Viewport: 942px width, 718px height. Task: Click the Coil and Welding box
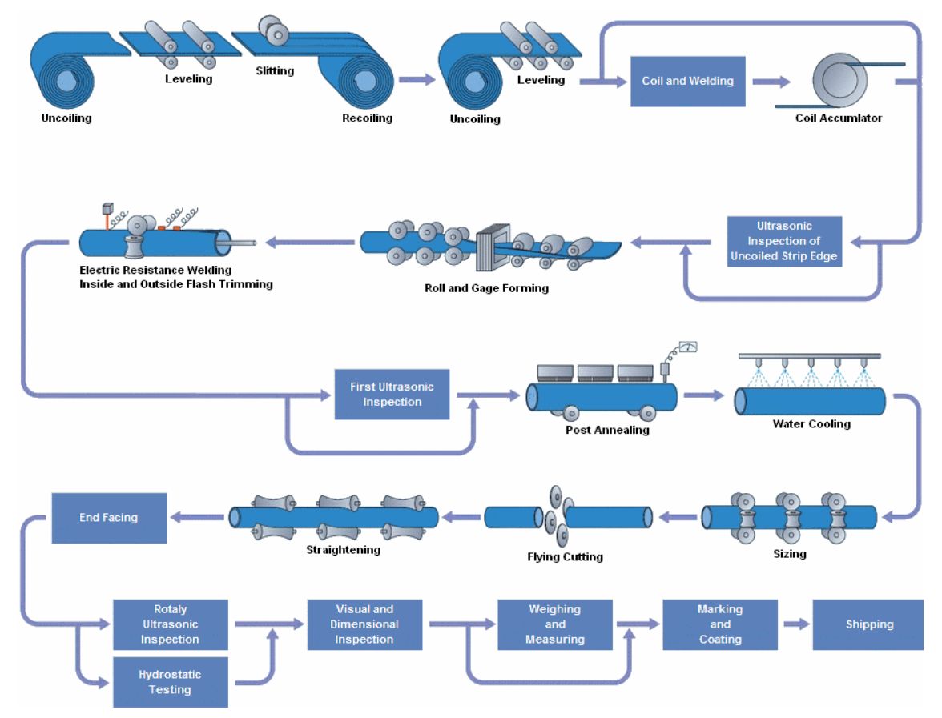coord(687,81)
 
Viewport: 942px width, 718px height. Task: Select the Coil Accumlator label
coord(838,118)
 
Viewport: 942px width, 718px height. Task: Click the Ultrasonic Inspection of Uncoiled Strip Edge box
coord(786,241)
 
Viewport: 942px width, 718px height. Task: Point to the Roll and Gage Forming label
coord(486,288)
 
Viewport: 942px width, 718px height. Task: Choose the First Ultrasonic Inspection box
coord(392,394)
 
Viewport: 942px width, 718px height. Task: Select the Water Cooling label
coord(811,424)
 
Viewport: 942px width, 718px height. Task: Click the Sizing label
coord(789,554)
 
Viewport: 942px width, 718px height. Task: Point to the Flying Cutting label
coord(565,557)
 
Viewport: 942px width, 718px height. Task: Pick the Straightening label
coord(343,550)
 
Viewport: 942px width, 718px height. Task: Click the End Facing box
coord(109,518)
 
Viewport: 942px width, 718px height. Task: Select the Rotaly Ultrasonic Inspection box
coord(170,624)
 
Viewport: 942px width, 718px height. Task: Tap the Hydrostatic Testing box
coord(170,682)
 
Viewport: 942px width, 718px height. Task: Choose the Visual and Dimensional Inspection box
coord(364,624)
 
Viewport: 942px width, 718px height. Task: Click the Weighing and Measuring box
coord(554,624)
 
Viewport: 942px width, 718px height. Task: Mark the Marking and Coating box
coord(719,624)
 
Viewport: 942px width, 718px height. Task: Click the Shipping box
coord(869,624)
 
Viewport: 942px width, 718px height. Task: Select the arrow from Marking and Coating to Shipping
coord(795,624)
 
